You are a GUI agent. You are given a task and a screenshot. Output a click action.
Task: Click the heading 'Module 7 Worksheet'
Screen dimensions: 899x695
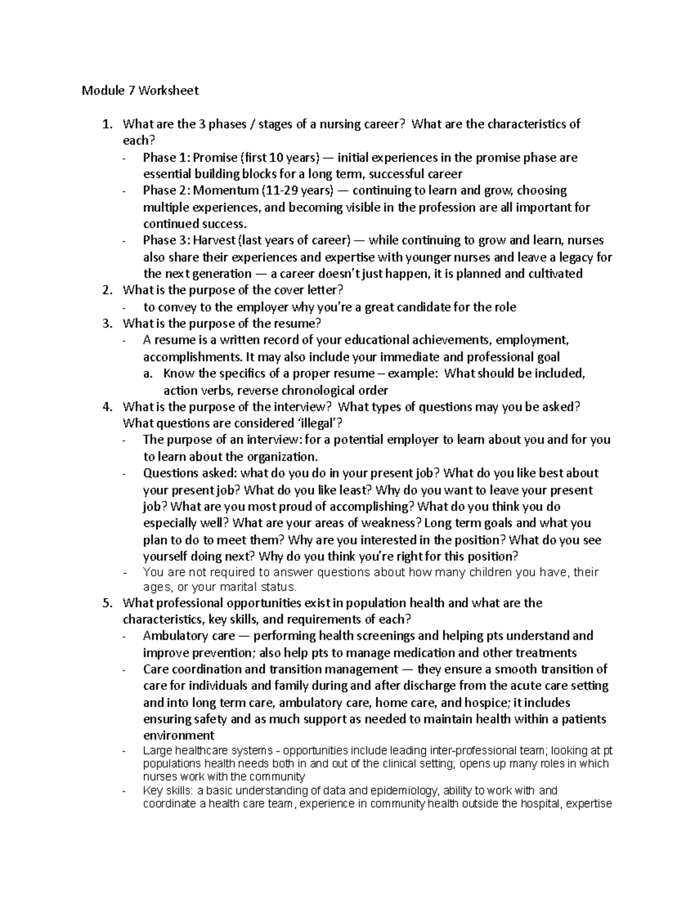(140, 90)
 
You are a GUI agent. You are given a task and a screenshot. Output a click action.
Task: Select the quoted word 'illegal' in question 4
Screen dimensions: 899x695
(324, 423)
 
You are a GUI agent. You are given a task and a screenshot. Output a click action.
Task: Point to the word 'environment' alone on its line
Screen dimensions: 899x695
(178, 736)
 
